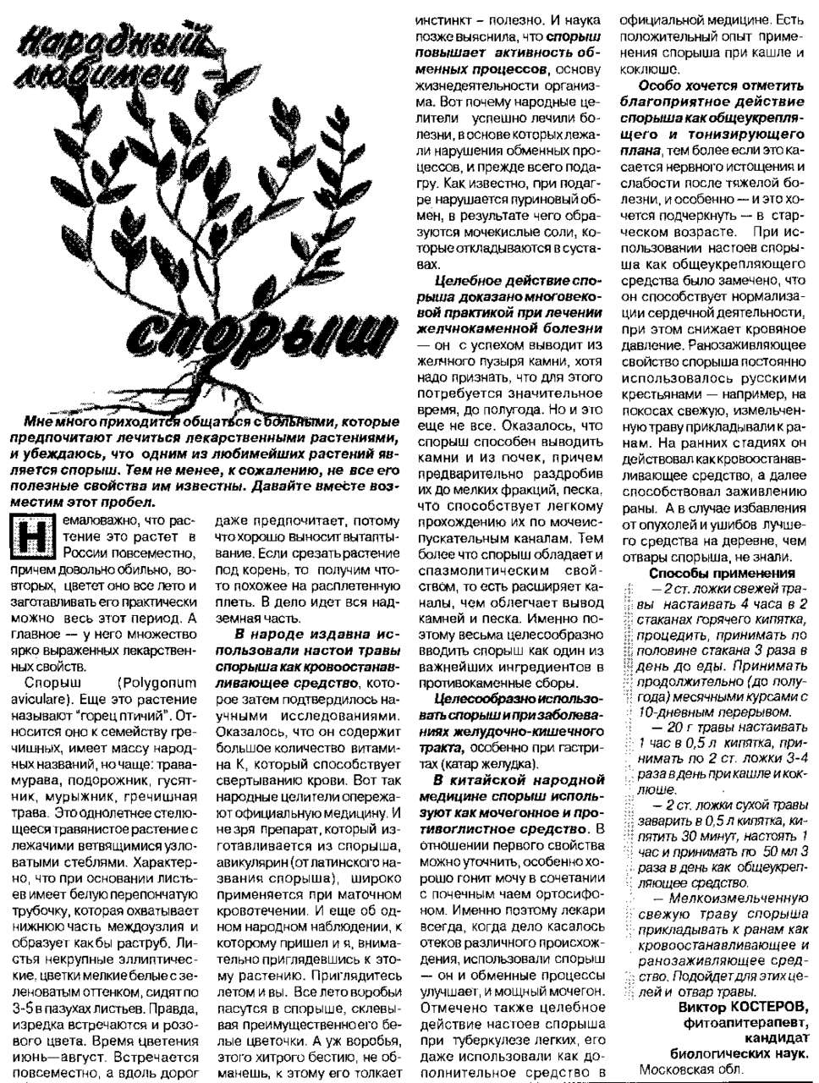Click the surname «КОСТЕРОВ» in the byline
click(767, 1008)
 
